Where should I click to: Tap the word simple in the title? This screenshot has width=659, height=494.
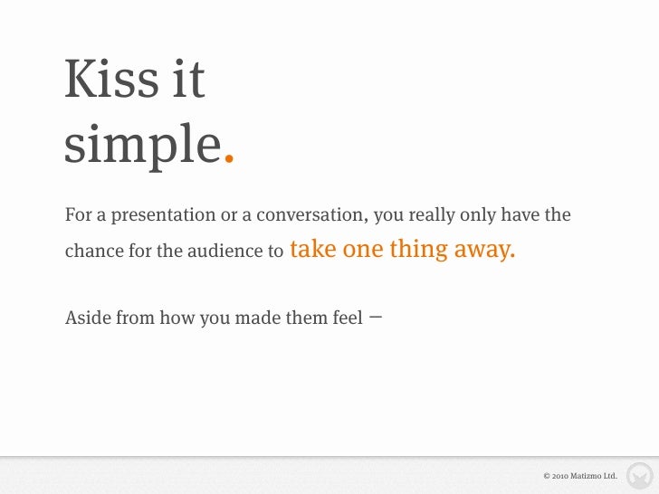(x=142, y=142)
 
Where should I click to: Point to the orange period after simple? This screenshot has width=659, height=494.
(x=229, y=161)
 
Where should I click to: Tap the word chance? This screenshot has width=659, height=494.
(x=94, y=252)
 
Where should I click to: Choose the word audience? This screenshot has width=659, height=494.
(x=226, y=252)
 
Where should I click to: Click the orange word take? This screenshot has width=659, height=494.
(x=313, y=249)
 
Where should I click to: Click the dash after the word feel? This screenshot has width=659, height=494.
(x=376, y=317)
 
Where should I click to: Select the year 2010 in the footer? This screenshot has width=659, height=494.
(x=560, y=475)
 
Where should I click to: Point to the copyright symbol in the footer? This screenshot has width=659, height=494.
(x=546, y=475)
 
